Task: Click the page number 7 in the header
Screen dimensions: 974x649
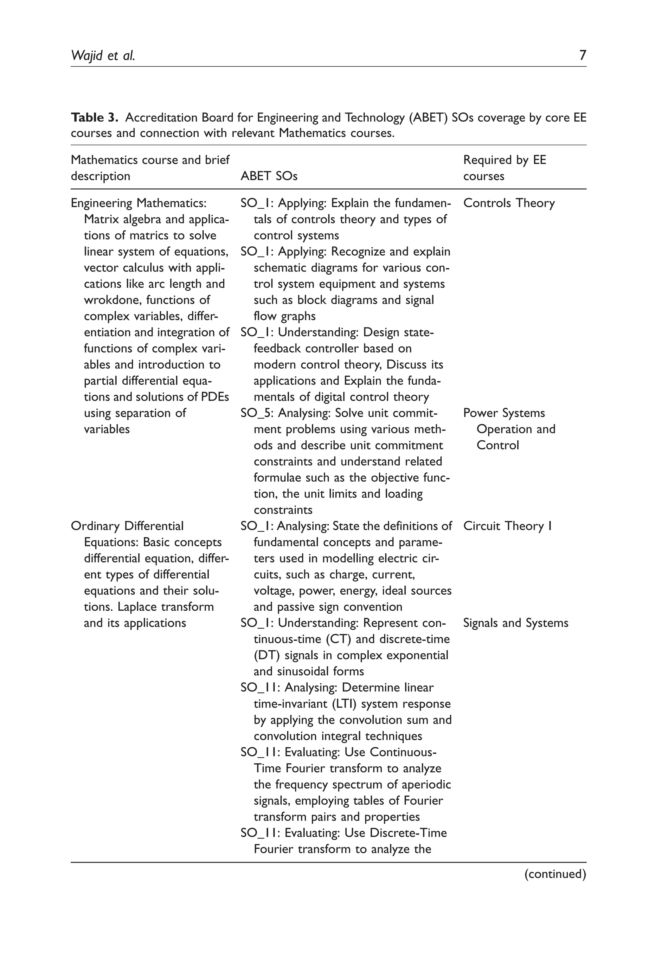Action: [582, 55]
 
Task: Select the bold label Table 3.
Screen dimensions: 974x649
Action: [95, 118]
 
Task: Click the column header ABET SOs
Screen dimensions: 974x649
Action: [269, 176]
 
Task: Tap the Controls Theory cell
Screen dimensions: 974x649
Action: [509, 203]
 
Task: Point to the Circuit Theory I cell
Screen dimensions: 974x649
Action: [507, 526]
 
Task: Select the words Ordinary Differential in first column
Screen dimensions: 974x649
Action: [127, 526]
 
